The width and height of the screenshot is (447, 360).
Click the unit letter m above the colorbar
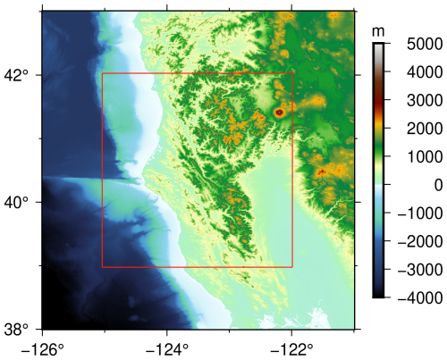coord(378,30)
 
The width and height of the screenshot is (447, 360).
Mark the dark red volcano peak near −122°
coord(280,113)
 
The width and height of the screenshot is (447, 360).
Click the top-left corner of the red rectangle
coord(103,74)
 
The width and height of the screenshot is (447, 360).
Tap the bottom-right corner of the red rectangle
coord(292,266)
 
